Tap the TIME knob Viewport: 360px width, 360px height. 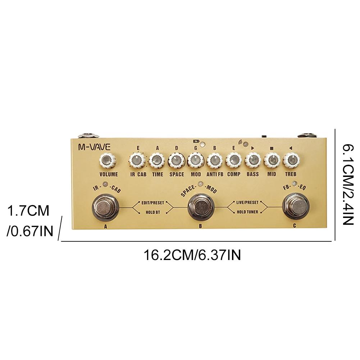pos(157,160)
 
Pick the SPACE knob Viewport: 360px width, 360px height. pos(176,160)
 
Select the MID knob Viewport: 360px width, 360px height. pos(272,160)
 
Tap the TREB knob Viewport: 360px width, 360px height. pos(291,160)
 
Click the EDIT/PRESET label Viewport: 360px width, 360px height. pos(152,203)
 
